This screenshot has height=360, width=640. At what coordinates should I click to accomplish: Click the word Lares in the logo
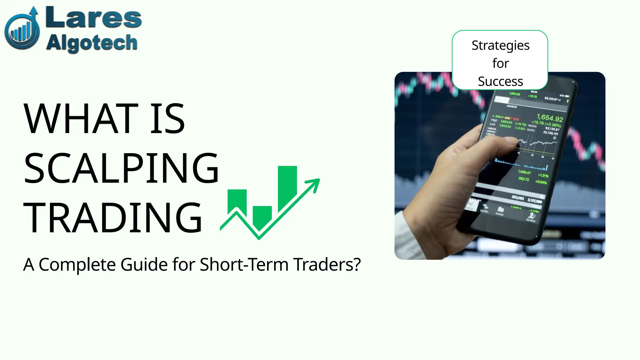coord(93,18)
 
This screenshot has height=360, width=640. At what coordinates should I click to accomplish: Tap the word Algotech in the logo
coord(92,43)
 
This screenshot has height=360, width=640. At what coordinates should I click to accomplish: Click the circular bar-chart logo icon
coord(22,31)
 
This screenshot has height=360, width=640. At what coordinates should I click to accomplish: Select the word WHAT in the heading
coord(81,119)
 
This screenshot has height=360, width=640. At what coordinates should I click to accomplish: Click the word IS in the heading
coord(167,119)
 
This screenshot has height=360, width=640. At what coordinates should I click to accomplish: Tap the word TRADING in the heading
coord(112,218)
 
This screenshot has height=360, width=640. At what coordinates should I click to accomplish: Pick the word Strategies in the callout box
coord(500,46)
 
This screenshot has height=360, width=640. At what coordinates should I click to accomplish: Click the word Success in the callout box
coord(500,82)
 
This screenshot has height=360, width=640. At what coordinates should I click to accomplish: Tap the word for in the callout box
coord(500,63)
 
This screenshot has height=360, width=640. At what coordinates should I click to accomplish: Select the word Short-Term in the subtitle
coord(244,265)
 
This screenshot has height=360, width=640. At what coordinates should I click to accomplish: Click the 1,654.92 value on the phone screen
coord(550,118)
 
